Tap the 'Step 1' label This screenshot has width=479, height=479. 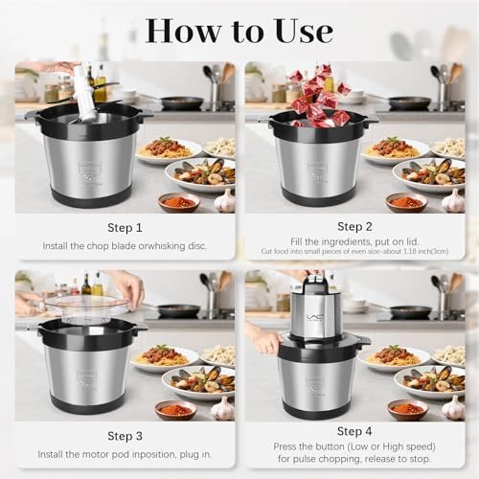point(125,228)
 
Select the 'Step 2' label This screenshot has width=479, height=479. point(355,228)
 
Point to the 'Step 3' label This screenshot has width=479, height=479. point(125,435)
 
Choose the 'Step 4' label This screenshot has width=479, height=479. point(355,435)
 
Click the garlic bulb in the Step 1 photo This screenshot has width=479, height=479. point(224,201)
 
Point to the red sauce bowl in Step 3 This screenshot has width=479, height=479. point(174,409)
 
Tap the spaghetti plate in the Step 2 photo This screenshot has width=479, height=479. point(390,148)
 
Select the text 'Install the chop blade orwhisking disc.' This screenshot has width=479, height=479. point(125,246)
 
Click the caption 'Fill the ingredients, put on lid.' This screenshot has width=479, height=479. point(355,243)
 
